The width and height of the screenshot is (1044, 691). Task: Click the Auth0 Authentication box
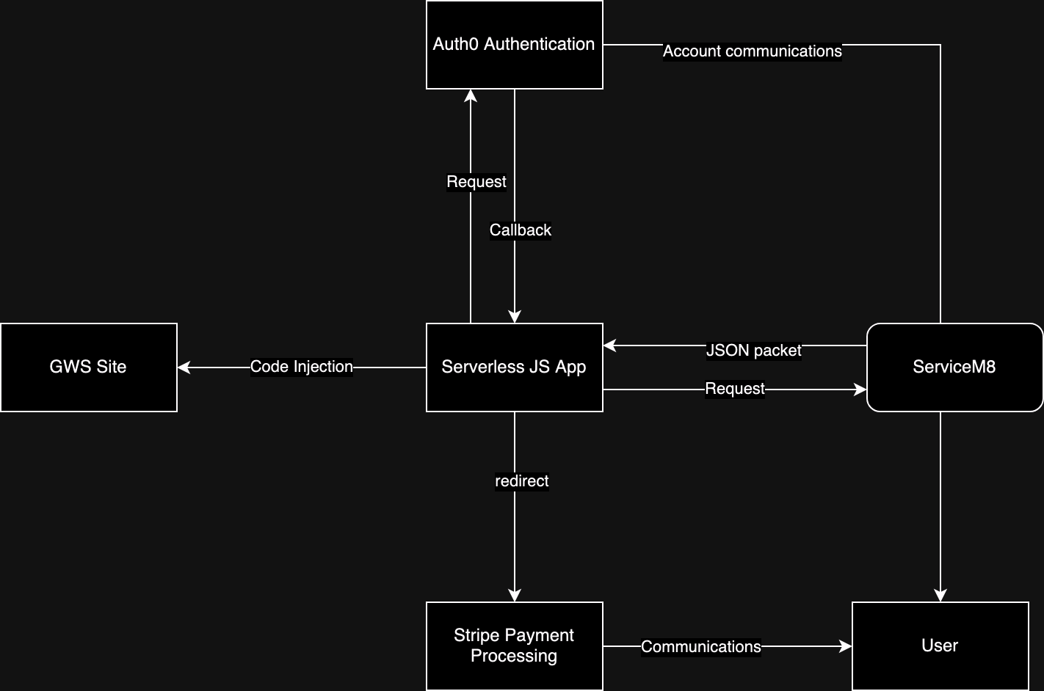pos(514,45)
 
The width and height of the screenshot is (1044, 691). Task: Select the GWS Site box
pos(88,367)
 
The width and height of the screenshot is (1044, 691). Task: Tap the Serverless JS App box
pos(514,367)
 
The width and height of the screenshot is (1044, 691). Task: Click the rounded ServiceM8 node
pos(954,367)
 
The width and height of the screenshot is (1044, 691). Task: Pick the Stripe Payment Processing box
pos(514,646)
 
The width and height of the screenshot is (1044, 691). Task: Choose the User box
pos(940,646)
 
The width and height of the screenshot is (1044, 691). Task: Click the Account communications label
pos(752,51)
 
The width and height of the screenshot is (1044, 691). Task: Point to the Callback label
pos(521,230)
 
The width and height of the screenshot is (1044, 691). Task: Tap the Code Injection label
pos(302,367)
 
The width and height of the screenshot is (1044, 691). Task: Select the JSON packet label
pos(753,351)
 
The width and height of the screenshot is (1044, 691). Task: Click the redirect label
pos(522,481)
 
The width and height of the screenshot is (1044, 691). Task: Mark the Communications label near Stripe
pos(701,646)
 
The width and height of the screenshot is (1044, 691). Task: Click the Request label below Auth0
pos(476,182)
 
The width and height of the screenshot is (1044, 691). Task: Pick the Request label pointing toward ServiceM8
pos(735,389)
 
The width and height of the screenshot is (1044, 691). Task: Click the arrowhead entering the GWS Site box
pos(184,368)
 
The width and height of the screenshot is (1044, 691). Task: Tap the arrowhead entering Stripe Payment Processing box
pos(515,596)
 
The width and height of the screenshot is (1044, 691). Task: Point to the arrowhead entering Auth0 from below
pos(471,95)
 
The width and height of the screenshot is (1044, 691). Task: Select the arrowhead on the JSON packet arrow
pos(609,345)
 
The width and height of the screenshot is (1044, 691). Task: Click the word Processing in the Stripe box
pos(514,656)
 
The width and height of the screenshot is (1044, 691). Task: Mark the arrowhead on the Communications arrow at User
pos(846,646)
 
